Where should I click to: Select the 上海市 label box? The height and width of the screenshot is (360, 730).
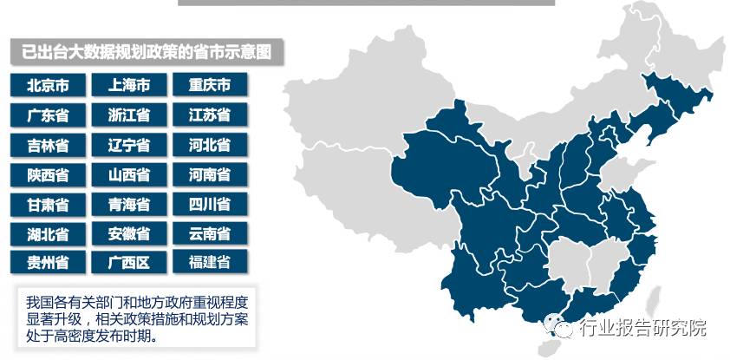pyautogui.click(x=128, y=85)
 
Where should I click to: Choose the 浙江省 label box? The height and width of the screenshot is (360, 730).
pyautogui.click(x=128, y=115)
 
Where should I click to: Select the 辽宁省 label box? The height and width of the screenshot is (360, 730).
pyautogui.click(x=128, y=144)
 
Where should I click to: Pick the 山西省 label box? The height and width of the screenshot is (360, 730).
pyautogui.click(x=128, y=174)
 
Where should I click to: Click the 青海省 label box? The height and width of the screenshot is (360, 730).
pyautogui.click(x=128, y=204)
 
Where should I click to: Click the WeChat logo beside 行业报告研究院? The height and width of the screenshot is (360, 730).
pyautogui.click(x=557, y=327)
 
